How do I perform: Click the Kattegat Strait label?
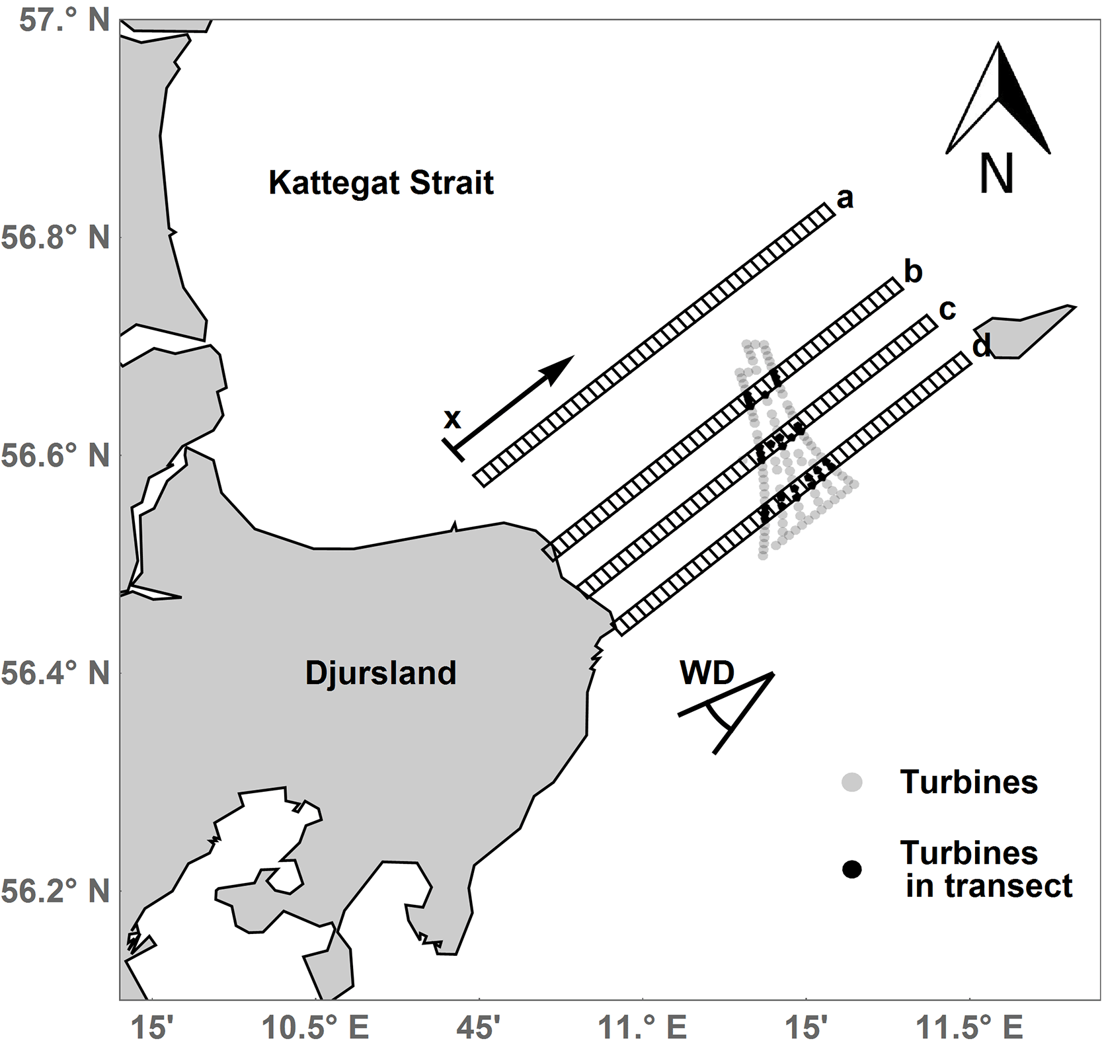click(x=381, y=183)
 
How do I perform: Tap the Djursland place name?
click(x=380, y=673)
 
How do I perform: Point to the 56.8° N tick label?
click(x=56, y=237)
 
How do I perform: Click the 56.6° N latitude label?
click(x=56, y=455)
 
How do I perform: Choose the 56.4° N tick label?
click(x=56, y=674)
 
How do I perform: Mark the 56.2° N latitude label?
click(x=56, y=891)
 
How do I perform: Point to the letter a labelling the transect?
click(x=844, y=198)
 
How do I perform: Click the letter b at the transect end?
click(x=913, y=272)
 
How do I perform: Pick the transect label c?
click(x=947, y=309)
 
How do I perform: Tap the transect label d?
click(x=982, y=345)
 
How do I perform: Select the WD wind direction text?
click(x=707, y=674)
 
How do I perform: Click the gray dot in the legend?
click(x=852, y=783)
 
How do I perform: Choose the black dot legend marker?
click(x=852, y=869)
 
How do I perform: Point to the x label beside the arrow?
click(x=452, y=418)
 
